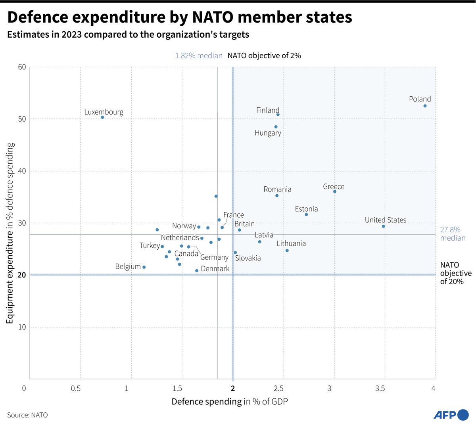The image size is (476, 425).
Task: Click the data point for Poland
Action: pos(425,106)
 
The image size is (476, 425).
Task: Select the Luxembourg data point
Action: pos(102,117)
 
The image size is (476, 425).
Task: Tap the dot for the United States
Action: pos(383,226)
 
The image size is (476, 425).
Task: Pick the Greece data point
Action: pos(334,191)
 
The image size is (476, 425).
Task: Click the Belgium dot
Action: pos(144,267)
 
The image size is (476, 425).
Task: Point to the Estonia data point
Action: pos(306,214)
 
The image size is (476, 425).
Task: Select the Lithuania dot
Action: pos(287,251)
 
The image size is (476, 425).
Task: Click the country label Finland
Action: pos(268,110)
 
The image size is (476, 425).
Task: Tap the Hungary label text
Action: pos(268,133)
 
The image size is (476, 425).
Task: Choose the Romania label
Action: pos(277,190)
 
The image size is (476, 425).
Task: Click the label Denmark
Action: pos(215,269)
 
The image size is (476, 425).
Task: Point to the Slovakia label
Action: pos(248,258)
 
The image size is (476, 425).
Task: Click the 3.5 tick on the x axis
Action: pos(380,389)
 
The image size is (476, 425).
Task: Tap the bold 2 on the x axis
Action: pos(233,389)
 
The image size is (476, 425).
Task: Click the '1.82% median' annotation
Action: pos(199,56)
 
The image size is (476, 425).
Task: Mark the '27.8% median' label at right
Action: pos(452,234)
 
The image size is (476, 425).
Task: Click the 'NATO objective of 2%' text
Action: pos(264,56)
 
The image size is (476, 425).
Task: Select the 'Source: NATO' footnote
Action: pos(27,415)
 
